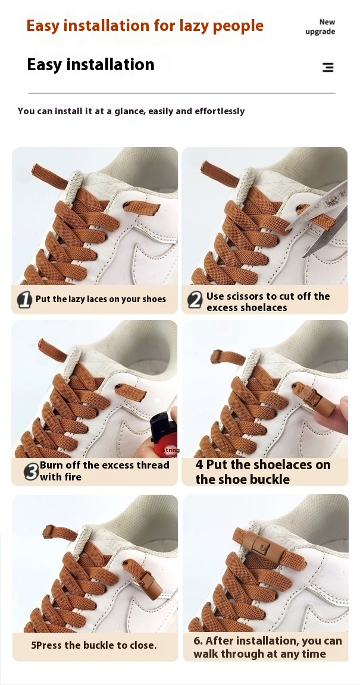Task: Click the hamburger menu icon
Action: coord(328,67)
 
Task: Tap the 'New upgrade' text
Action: coord(320,27)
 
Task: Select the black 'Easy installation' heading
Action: coord(90,65)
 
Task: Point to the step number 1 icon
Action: coord(24,300)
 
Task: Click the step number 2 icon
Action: coord(195,300)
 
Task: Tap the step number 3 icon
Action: coord(31,472)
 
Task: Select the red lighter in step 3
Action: coord(162,435)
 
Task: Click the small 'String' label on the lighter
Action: coord(171,450)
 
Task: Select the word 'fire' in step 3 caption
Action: coord(72,477)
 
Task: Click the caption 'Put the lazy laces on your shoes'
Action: coord(101,299)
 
